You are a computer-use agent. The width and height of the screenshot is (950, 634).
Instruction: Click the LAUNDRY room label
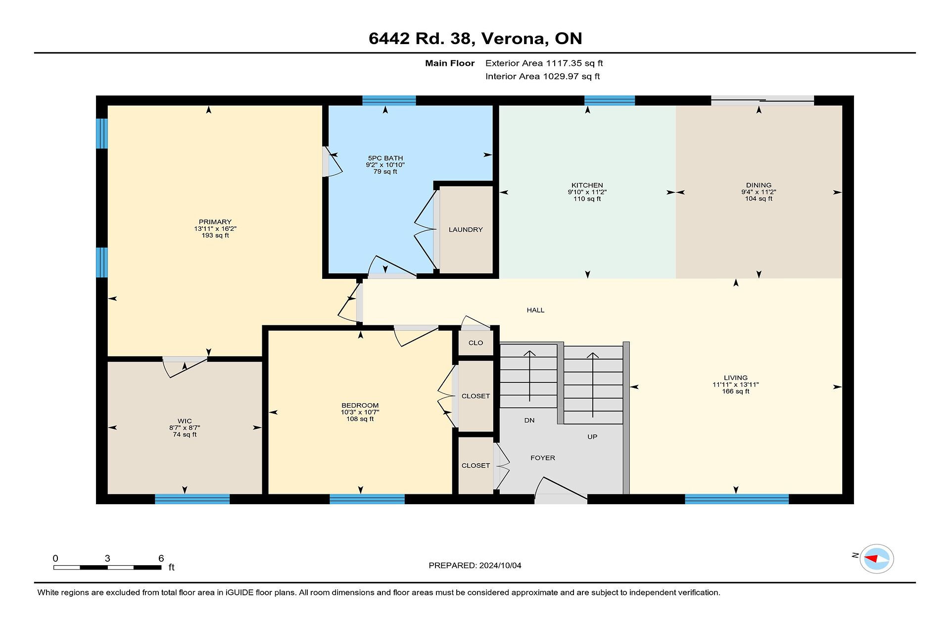point(466,230)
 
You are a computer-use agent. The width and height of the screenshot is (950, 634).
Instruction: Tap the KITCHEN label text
point(587,185)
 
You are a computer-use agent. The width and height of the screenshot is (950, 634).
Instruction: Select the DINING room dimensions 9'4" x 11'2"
point(759,192)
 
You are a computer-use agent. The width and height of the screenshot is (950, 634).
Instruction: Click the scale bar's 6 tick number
point(161,558)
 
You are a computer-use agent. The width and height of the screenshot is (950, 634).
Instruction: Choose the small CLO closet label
point(475,343)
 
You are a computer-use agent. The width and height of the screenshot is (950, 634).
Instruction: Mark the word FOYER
point(543,458)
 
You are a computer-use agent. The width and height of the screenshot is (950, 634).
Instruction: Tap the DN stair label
point(529,421)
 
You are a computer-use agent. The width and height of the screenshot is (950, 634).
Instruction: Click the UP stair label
point(592,437)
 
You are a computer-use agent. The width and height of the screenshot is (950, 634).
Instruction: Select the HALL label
point(535,310)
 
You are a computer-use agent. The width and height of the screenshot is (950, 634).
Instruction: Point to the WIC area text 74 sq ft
point(185,435)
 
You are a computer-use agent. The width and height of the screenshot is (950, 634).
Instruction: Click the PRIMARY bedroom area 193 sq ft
point(215,236)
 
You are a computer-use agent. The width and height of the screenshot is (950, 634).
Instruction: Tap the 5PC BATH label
point(385,158)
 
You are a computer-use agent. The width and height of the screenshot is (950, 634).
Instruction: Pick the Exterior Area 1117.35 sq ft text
point(544,63)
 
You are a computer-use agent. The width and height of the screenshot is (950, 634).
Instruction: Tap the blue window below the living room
point(737,499)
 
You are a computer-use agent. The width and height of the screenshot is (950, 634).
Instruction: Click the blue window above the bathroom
point(389,101)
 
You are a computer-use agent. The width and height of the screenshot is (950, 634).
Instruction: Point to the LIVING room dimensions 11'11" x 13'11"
point(736,385)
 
